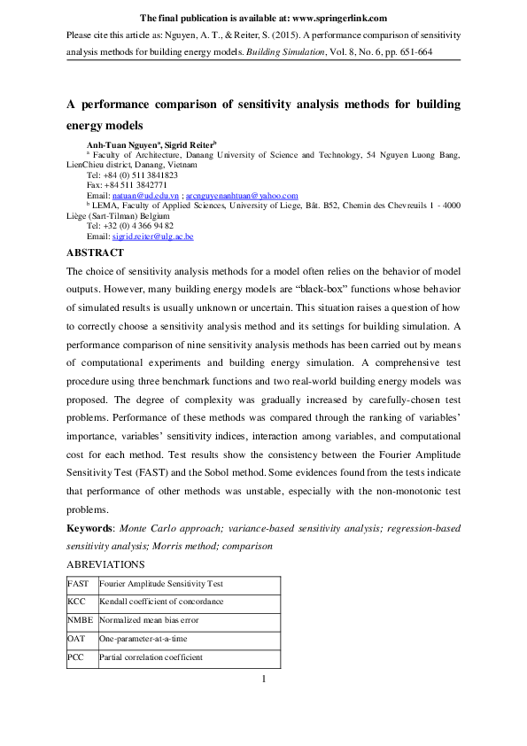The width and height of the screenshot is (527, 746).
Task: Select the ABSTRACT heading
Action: [x=95, y=253]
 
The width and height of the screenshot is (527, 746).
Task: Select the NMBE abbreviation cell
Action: [x=78, y=620]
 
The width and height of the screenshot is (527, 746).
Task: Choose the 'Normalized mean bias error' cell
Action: [x=145, y=620]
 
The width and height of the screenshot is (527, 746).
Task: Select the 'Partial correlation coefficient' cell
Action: [x=151, y=657]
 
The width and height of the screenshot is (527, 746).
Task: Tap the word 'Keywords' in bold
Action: [x=94, y=529]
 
